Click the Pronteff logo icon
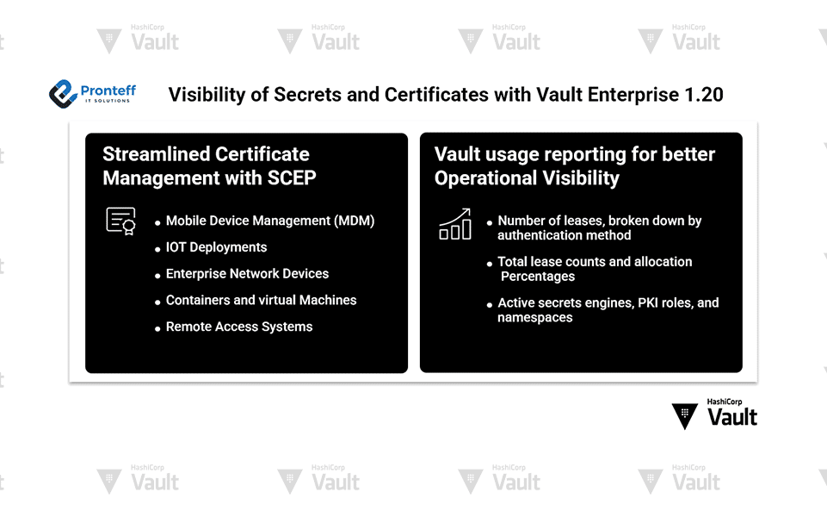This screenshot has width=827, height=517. pyautogui.click(x=64, y=94)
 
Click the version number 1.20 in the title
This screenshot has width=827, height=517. pyautogui.click(x=704, y=95)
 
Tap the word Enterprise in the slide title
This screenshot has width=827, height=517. pyautogui.click(x=633, y=95)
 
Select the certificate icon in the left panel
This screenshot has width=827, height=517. pyautogui.click(x=120, y=221)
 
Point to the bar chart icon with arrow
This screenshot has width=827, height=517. pyautogui.click(x=455, y=224)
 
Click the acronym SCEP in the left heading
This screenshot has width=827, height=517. pyautogui.click(x=292, y=178)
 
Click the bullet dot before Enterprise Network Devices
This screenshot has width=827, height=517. pyautogui.click(x=157, y=276)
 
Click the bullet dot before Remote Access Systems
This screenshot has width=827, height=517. pyautogui.click(x=157, y=328)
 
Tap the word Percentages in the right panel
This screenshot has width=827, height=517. pyautogui.click(x=538, y=277)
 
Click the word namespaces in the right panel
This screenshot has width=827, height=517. pyautogui.click(x=534, y=317)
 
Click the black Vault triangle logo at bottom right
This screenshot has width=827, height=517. pyautogui.click(x=685, y=416)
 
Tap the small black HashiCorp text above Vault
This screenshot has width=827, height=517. pyautogui.click(x=724, y=402)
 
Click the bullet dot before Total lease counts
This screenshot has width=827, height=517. pyautogui.click(x=490, y=264)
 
